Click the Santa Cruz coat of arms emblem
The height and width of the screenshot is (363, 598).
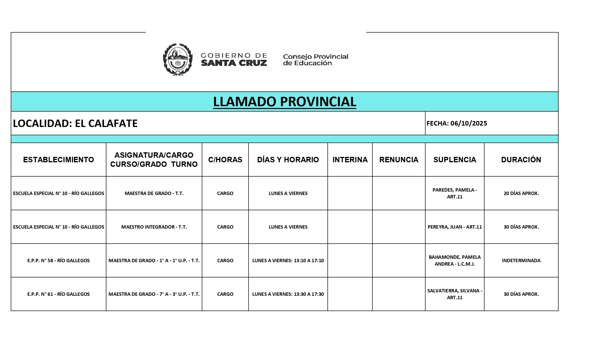pyautogui.click(x=177, y=60)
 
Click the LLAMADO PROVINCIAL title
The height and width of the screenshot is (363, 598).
pyautogui.click(x=284, y=102)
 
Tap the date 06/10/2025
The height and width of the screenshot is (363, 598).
pyautogui.click(x=468, y=123)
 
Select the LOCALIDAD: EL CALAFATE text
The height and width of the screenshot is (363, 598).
pyautogui.click(x=75, y=123)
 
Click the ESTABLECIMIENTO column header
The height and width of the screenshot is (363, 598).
pyautogui.click(x=58, y=160)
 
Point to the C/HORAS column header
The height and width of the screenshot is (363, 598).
pyautogui.click(x=225, y=160)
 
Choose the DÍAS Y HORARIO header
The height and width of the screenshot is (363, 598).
pyautogui.click(x=288, y=160)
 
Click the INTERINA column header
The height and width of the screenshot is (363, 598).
pyautogui.click(x=350, y=160)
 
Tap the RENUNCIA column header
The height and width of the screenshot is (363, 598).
pyautogui.click(x=399, y=160)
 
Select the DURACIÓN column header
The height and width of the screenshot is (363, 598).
pyautogui.click(x=521, y=160)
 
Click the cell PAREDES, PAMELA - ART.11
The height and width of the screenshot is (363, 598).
pyautogui.click(x=454, y=193)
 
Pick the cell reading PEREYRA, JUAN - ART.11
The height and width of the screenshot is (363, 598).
pyautogui.click(x=454, y=227)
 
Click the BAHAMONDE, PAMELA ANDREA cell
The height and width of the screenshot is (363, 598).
pyautogui.click(x=454, y=261)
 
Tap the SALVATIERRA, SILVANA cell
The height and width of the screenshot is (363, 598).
pyautogui.click(x=454, y=294)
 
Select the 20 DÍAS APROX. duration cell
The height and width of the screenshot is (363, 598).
pyautogui.click(x=521, y=193)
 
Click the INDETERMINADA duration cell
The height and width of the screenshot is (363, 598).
pyautogui.click(x=521, y=261)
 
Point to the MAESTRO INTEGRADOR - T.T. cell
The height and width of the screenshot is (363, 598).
pyautogui.click(x=154, y=227)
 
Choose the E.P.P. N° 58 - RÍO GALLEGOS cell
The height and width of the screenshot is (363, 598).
pyautogui.click(x=58, y=261)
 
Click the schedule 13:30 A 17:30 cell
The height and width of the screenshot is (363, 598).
pyautogui.click(x=288, y=294)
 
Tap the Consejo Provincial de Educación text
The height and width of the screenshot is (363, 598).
pyautogui.click(x=316, y=60)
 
